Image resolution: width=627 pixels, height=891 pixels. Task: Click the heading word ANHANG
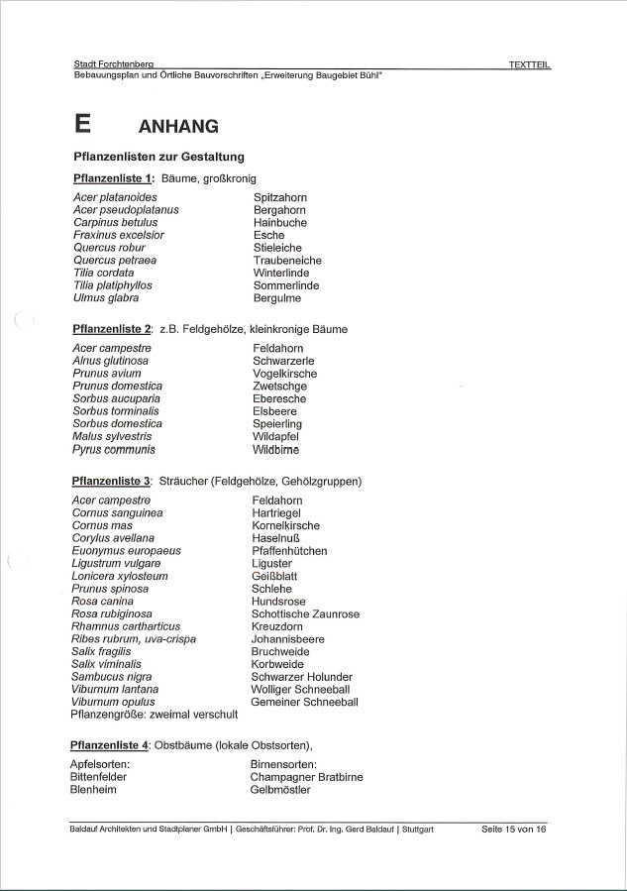[x=178, y=126]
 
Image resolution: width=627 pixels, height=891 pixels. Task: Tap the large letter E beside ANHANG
[x=83, y=124]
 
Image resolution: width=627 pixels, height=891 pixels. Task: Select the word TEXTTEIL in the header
[x=529, y=64]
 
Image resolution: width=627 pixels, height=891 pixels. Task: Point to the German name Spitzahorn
[x=280, y=197]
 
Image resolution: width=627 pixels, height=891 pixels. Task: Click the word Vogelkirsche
[x=285, y=374]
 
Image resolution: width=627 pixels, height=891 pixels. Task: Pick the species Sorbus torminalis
[x=116, y=411]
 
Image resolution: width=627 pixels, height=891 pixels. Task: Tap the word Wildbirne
[x=275, y=449]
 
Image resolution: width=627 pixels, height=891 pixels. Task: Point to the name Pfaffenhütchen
[x=289, y=551]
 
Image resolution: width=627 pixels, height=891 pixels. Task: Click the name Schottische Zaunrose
[x=305, y=614]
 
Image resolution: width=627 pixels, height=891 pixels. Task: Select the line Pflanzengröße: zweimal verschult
[x=155, y=715]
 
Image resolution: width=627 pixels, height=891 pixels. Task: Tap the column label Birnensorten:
[x=283, y=765]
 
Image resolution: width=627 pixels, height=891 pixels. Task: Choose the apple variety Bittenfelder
[x=99, y=778]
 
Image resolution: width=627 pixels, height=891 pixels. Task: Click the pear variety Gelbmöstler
[x=280, y=790]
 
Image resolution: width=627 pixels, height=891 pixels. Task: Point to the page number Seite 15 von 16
[x=513, y=829]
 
